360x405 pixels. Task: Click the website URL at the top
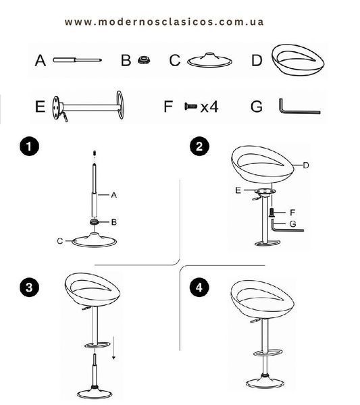pyautogui.click(x=164, y=22)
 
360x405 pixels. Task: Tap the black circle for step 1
pyautogui.click(x=30, y=146)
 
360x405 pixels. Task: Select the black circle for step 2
pyautogui.click(x=199, y=146)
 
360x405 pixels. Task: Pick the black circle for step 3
pyautogui.click(x=30, y=288)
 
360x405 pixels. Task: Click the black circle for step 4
pyautogui.click(x=199, y=288)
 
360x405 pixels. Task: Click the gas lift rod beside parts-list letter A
pyautogui.click(x=77, y=60)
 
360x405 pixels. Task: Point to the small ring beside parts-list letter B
pyautogui.click(x=144, y=60)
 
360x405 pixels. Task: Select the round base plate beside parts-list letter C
pyautogui.click(x=209, y=61)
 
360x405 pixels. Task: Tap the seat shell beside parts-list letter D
pyautogui.click(x=298, y=60)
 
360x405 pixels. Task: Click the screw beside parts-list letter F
pyautogui.click(x=190, y=106)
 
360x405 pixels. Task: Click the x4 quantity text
pyautogui.click(x=209, y=107)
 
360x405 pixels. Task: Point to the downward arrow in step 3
pyautogui.click(x=113, y=348)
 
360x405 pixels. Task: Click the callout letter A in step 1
pyautogui.click(x=113, y=195)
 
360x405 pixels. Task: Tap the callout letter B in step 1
pyautogui.click(x=113, y=222)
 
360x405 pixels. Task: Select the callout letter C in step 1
pyautogui.click(x=60, y=241)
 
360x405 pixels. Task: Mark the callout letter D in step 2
pyautogui.click(x=306, y=165)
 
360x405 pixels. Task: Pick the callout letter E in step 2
pyautogui.click(x=238, y=190)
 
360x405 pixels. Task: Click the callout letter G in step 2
pyautogui.click(x=293, y=223)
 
